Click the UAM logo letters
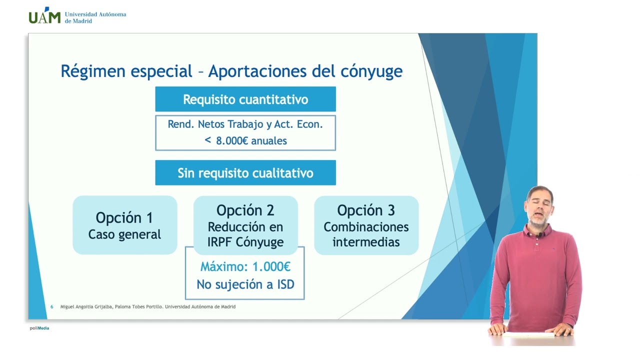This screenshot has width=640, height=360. pyautogui.click(x=44, y=17)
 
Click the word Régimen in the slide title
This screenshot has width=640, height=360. pyautogui.click(x=92, y=71)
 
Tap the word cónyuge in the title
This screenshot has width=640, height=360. pyautogui.click(x=371, y=71)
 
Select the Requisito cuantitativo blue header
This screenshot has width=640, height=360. pyautogui.click(x=245, y=99)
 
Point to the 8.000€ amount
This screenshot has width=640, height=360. pyautogui.click(x=232, y=141)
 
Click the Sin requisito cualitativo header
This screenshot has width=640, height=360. pyautogui.click(x=245, y=173)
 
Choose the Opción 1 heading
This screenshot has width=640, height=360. pyautogui.click(x=124, y=217)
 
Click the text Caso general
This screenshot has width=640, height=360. pyautogui.click(x=124, y=234)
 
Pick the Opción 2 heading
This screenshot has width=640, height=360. pyautogui.click(x=245, y=210)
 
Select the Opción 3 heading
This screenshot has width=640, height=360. pyautogui.click(x=366, y=210)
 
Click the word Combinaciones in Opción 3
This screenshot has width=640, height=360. pyautogui.click(x=366, y=227)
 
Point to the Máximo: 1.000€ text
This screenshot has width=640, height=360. pyautogui.click(x=245, y=266)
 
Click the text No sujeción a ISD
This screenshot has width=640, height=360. pyautogui.click(x=245, y=284)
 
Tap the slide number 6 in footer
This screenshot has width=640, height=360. pyautogui.click(x=51, y=306)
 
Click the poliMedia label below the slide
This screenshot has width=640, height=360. pyautogui.click(x=39, y=328)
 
